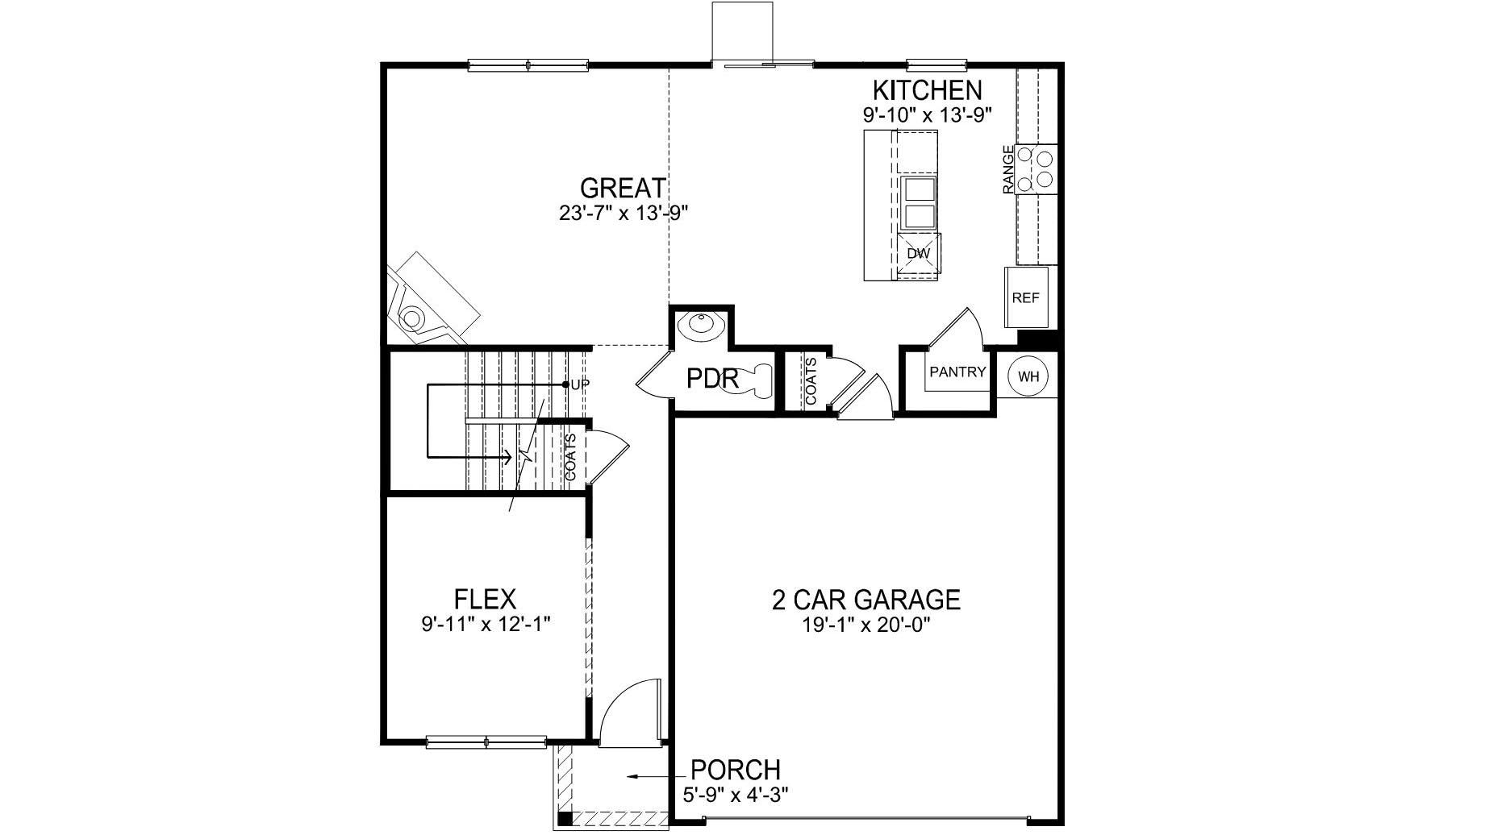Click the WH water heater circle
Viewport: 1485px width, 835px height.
click(1028, 376)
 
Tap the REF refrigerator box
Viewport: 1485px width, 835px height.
click(1025, 297)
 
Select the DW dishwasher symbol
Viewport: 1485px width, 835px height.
click(919, 253)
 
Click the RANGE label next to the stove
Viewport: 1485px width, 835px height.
click(1007, 169)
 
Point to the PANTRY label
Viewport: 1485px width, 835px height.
click(957, 372)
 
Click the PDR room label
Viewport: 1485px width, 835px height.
click(712, 378)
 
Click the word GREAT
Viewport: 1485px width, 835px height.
click(623, 188)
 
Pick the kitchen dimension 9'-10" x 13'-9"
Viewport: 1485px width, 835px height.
click(927, 114)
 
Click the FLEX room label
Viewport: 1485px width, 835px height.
click(485, 600)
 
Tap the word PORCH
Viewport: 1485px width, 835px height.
click(736, 770)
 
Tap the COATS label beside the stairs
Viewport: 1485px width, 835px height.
click(570, 457)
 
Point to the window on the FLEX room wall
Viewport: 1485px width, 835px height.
click(486, 742)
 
